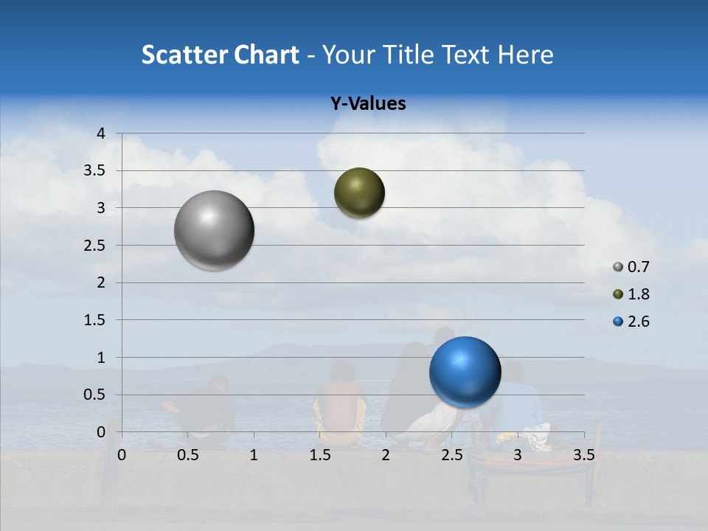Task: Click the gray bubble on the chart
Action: tap(215, 230)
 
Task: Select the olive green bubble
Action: tap(359, 192)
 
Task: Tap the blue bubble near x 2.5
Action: tap(465, 372)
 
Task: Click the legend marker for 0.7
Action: tap(618, 267)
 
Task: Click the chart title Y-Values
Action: tap(368, 104)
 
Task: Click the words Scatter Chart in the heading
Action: tap(220, 55)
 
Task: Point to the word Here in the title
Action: tap(525, 55)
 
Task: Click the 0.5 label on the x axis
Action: tap(188, 455)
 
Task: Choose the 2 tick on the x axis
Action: tap(386, 455)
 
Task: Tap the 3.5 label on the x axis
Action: tap(583, 455)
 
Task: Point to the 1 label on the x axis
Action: tap(254, 455)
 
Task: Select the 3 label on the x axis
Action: tap(518, 455)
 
